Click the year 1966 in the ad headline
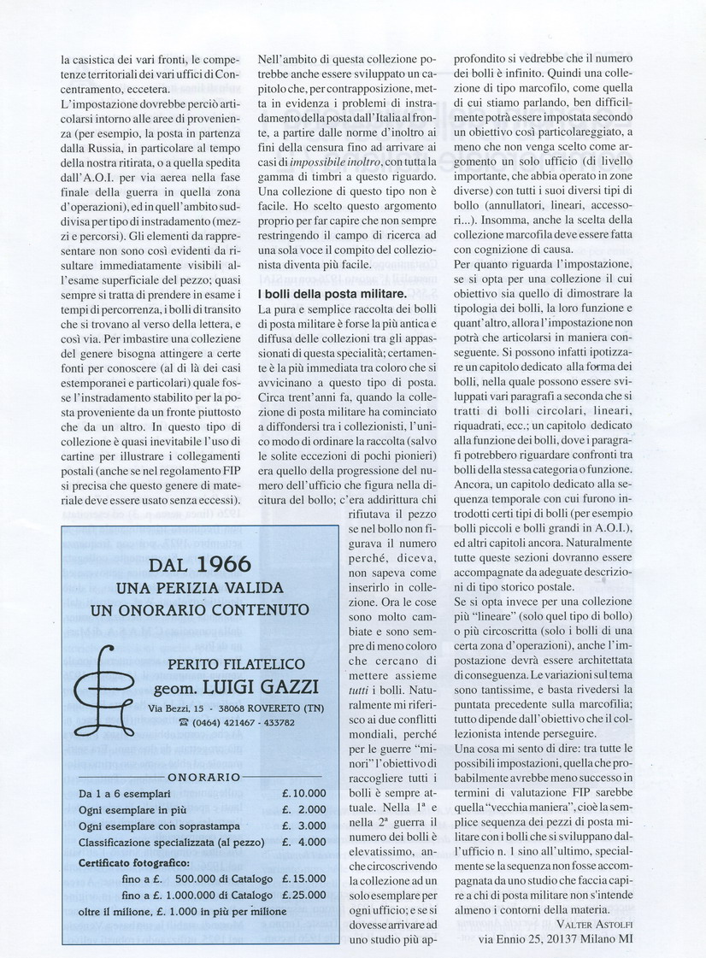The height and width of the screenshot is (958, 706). click(x=223, y=565)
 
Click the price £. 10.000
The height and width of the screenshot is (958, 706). click(x=304, y=793)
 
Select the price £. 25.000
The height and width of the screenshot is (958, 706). click(x=304, y=894)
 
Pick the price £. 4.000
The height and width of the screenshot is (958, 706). click(x=304, y=842)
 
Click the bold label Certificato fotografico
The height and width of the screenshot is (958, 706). click(x=132, y=862)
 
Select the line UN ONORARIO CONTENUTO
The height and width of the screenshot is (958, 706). click(x=200, y=610)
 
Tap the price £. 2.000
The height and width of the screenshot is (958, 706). click(x=304, y=809)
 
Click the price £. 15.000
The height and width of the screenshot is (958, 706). click(x=304, y=878)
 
